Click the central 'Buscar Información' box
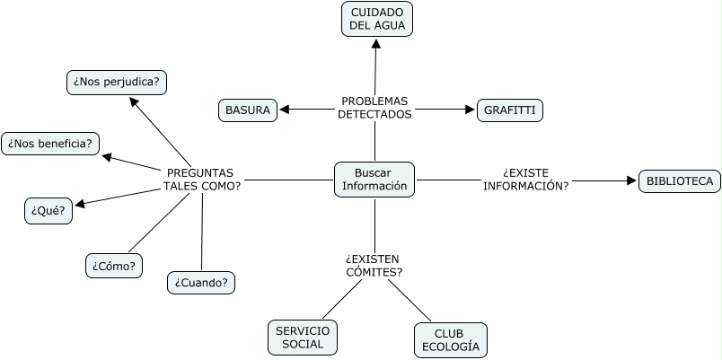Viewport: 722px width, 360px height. (374, 180)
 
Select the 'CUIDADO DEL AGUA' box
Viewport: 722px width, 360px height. (378, 19)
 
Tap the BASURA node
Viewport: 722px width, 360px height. (248, 110)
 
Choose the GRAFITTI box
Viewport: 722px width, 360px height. (510, 110)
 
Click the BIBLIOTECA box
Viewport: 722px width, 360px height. (679, 181)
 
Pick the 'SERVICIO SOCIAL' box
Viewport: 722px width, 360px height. (303, 338)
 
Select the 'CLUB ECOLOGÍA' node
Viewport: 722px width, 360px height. (451, 339)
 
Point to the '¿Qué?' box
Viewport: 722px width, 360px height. (48, 211)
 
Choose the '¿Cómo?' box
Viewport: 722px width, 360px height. (113, 266)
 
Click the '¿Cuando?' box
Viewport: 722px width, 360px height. (201, 283)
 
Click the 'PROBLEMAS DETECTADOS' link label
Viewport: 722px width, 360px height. (374, 108)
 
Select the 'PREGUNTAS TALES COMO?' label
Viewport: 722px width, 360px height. (201, 180)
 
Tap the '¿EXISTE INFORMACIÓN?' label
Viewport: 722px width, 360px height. (525, 180)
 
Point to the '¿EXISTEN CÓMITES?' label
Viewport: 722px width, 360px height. (374, 266)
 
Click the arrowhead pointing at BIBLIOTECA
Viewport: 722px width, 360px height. (631, 181)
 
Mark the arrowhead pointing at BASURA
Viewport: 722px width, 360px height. (285, 110)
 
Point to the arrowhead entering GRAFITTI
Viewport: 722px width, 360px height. (470, 110)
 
